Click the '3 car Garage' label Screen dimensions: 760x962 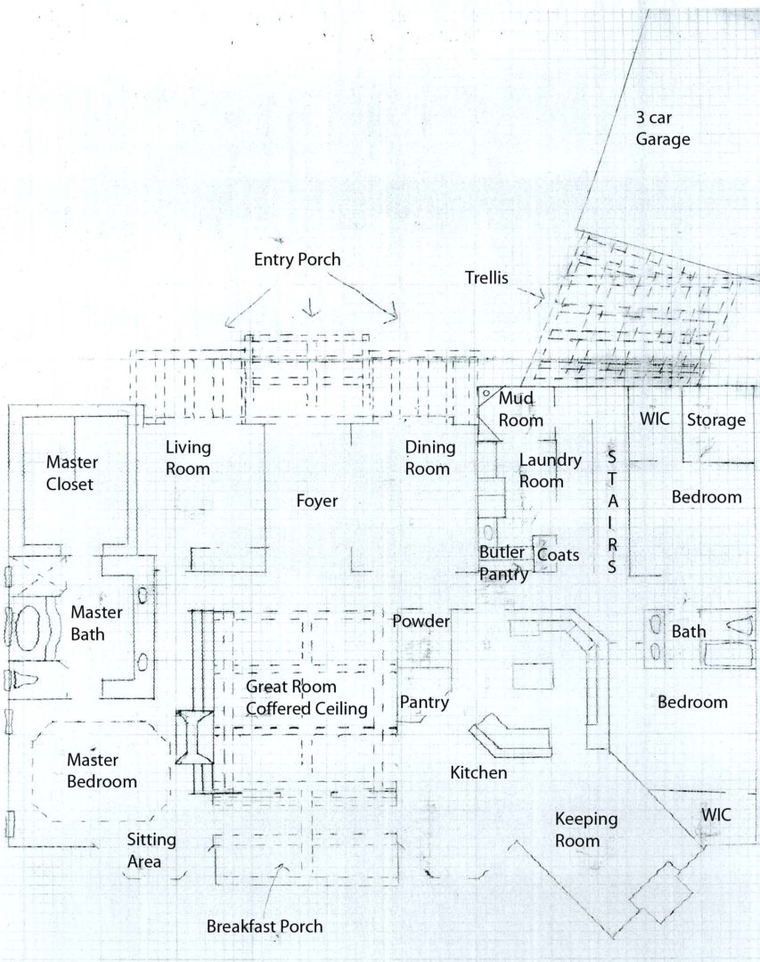(x=662, y=128)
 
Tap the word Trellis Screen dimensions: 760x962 (x=486, y=278)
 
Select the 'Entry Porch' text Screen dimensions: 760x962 (x=297, y=259)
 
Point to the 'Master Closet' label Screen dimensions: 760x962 (x=72, y=472)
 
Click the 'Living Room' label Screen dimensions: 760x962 (x=188, y=458)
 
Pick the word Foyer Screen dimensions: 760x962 (x=317, y=501)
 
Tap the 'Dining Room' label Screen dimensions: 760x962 (x=429, y=458)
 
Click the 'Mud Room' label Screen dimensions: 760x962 (x=520, y=409)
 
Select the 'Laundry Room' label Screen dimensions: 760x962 (x=550, y=470)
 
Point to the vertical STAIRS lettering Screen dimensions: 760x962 (x=612, y=511)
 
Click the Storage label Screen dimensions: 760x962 (x=715, y=420)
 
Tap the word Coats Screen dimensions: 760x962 (x=558, y=555)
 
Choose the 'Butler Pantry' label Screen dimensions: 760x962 (x=503, y=563)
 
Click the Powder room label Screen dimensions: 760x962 (x=421, y=621)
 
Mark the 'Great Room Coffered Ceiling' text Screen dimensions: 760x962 (x=307, y=697)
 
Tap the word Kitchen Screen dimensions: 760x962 (x=478, y=772)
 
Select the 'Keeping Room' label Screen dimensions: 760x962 (x=586, y=829)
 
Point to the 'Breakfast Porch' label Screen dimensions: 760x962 (x=265, y=925)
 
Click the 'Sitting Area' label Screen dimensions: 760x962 (x=151, y=851)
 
